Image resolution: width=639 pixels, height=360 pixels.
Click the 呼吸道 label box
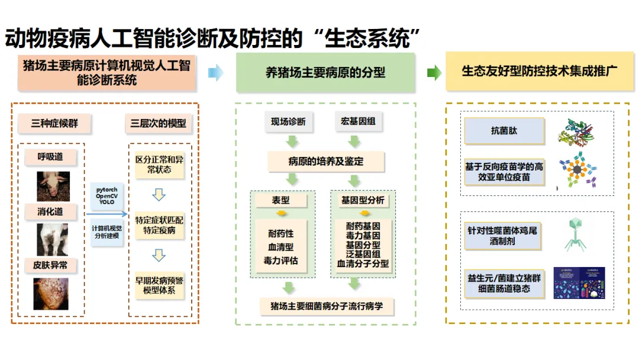point(50,157)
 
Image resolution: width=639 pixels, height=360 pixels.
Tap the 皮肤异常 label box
point(50,265)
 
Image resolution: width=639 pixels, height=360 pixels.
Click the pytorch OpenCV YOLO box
point(107,195)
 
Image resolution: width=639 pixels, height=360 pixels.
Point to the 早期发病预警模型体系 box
point(159,285)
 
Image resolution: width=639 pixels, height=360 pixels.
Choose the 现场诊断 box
point(288,122)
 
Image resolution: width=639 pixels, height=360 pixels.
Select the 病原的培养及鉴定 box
point(326,161)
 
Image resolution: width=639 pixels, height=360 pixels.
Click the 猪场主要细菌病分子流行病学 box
point(326,306)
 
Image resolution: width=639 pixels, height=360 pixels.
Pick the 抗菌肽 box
point(504,131)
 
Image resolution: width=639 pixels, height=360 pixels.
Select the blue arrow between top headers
point(216,73)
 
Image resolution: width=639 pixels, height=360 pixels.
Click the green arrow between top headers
point(434,73)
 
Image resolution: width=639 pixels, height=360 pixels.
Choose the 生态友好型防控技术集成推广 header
point(539,72)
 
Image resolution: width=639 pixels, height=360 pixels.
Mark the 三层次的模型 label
point(158,124)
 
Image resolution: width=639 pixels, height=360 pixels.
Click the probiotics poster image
point(579,282)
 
